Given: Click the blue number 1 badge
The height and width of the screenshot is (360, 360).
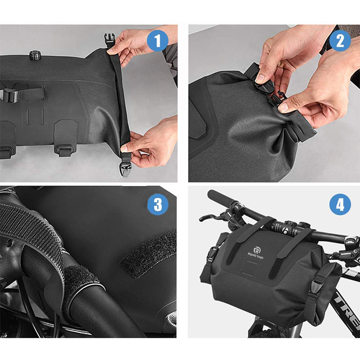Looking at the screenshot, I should (158, 41).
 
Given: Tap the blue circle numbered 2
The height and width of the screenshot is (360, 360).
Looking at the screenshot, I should (340, 41).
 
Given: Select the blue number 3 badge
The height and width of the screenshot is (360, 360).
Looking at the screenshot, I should (158, 205).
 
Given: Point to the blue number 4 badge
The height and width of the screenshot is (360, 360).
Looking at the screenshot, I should (340, 205).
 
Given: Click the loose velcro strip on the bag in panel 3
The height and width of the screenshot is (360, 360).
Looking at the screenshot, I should (148, 254).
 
